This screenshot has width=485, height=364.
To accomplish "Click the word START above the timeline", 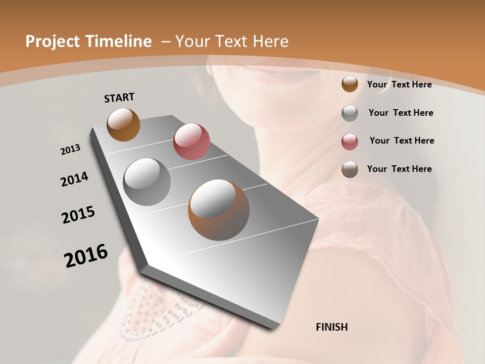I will point(119,97).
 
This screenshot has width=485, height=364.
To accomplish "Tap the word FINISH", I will point(332,327).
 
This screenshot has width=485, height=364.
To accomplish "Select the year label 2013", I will point(70,150).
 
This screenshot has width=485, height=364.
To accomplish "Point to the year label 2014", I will point(74,179).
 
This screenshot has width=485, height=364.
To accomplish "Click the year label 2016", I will point(86,255).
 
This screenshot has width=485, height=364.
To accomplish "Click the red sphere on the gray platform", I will point(191,142).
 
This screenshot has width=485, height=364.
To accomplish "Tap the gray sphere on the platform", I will point(147,181).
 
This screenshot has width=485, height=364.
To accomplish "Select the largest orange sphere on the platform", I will point(219,210).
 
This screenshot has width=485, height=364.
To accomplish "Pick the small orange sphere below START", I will point(123,124).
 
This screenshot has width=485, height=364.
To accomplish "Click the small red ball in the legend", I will point(350,142).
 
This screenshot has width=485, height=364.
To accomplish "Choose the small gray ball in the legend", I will point(350,113).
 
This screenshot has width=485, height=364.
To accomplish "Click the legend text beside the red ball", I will point(402,141).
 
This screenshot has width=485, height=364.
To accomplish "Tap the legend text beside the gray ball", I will point(401,113).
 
